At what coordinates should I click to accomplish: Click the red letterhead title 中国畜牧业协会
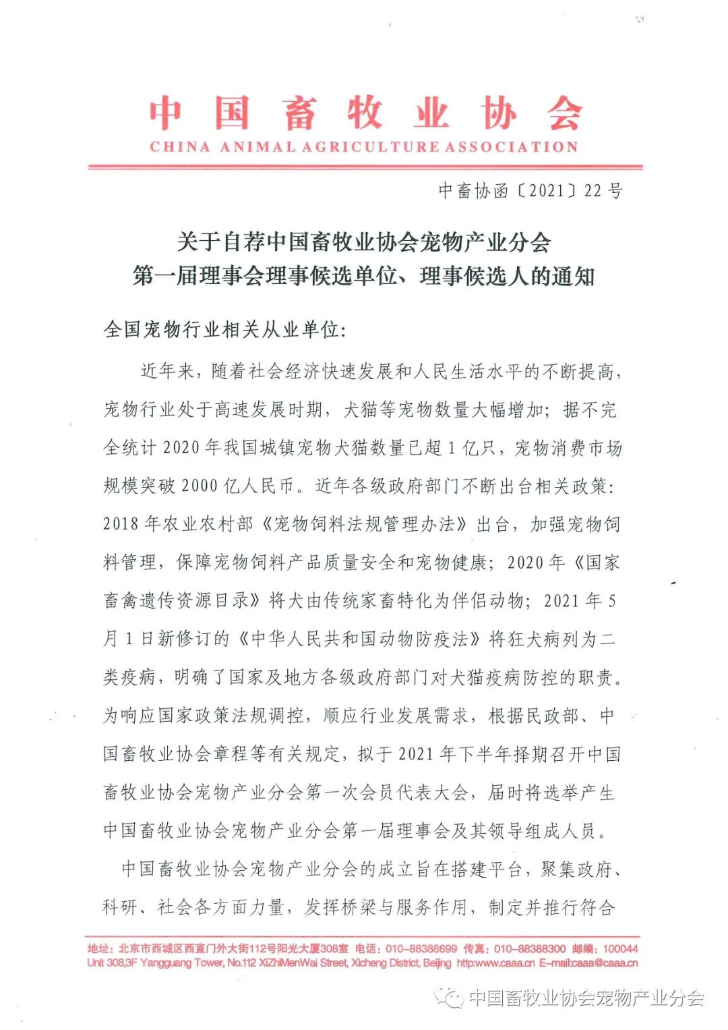[365, 113]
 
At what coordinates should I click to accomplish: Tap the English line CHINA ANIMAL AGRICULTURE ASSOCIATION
[364, 147]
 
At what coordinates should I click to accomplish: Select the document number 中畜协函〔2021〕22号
[530, 191]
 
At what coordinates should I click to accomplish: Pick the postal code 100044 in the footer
[620, 948]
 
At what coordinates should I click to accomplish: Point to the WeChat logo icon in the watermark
[449, 996]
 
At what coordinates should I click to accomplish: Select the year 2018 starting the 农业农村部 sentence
[121, 524]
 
